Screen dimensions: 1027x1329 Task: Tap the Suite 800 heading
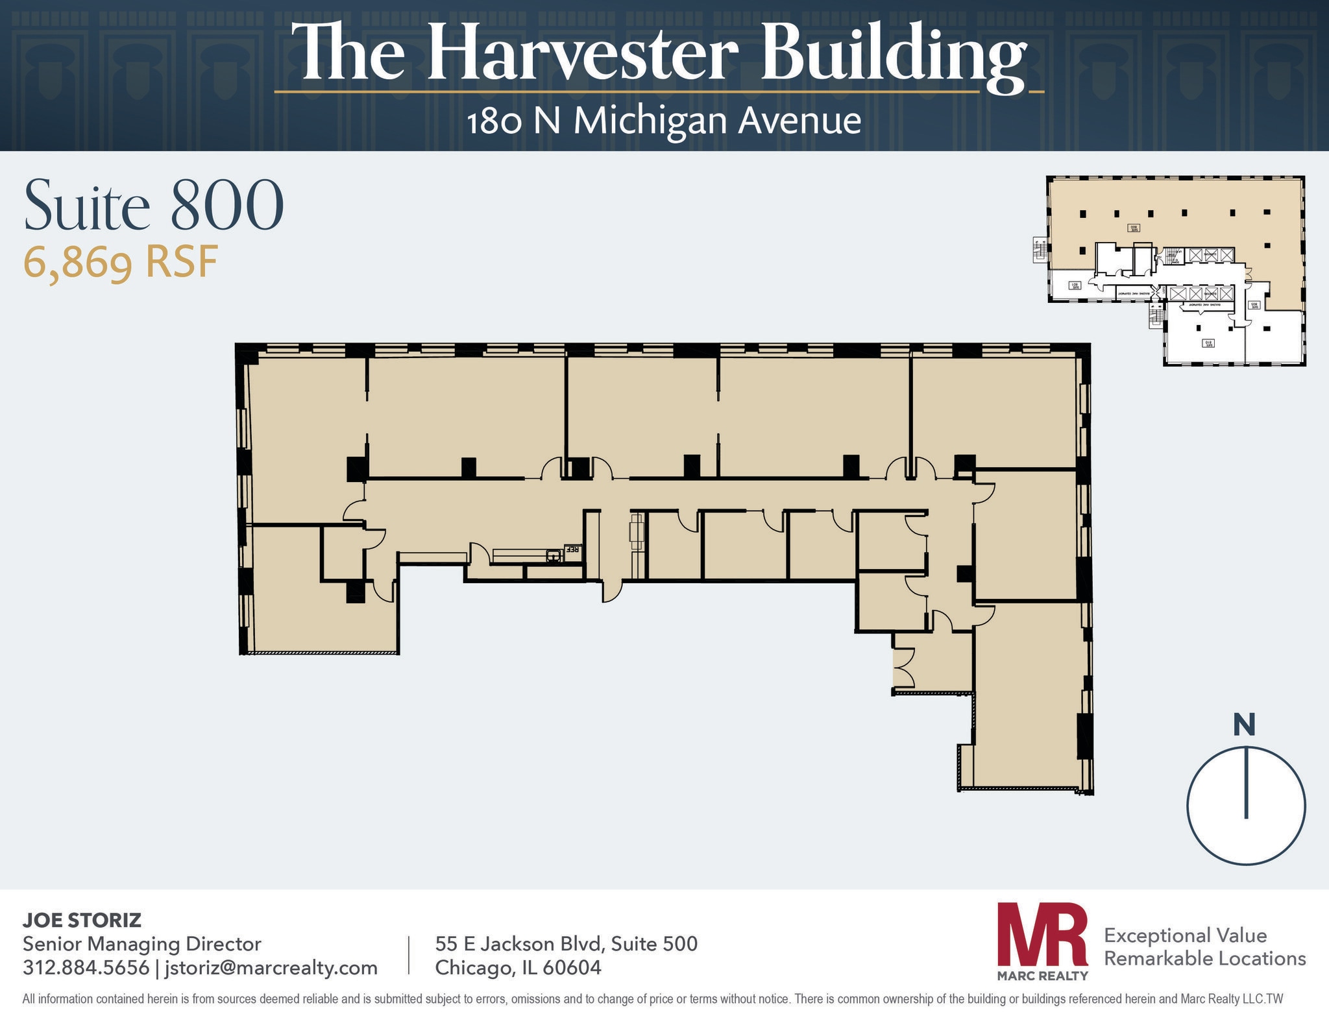point(154,205)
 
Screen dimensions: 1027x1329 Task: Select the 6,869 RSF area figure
point(121,263)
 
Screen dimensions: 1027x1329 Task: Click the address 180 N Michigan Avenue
point(664,121)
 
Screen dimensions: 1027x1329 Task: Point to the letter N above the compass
point(1244,725)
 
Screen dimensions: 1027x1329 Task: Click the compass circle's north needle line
point(1246,782)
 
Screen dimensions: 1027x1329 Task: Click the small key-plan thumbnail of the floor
point(1175,271)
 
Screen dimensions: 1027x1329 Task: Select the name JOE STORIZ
point(82,919)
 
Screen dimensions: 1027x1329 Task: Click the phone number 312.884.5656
point(86,967)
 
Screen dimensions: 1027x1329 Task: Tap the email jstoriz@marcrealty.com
point(271,967)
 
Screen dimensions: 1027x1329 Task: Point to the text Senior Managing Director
point(141,943)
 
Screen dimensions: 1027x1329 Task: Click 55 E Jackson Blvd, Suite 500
point(566,943)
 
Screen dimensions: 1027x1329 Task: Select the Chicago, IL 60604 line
point(518,967)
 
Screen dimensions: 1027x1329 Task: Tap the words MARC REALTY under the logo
point(1042,975)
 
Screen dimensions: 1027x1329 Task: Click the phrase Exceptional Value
point(1186,936)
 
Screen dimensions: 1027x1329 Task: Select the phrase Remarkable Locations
point(1205,958)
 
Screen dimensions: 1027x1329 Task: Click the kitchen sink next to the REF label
point(554,555)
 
